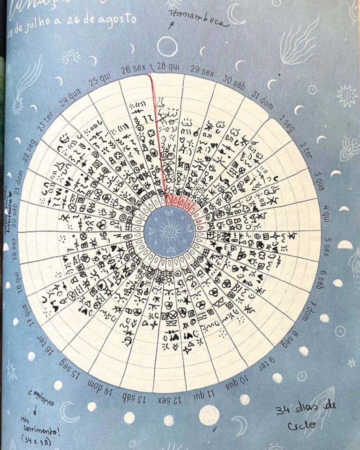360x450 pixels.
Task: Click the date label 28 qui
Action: coord(168,66)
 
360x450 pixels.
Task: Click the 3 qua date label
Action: coord(317,180)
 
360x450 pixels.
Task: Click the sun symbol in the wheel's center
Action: coord(168,231)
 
